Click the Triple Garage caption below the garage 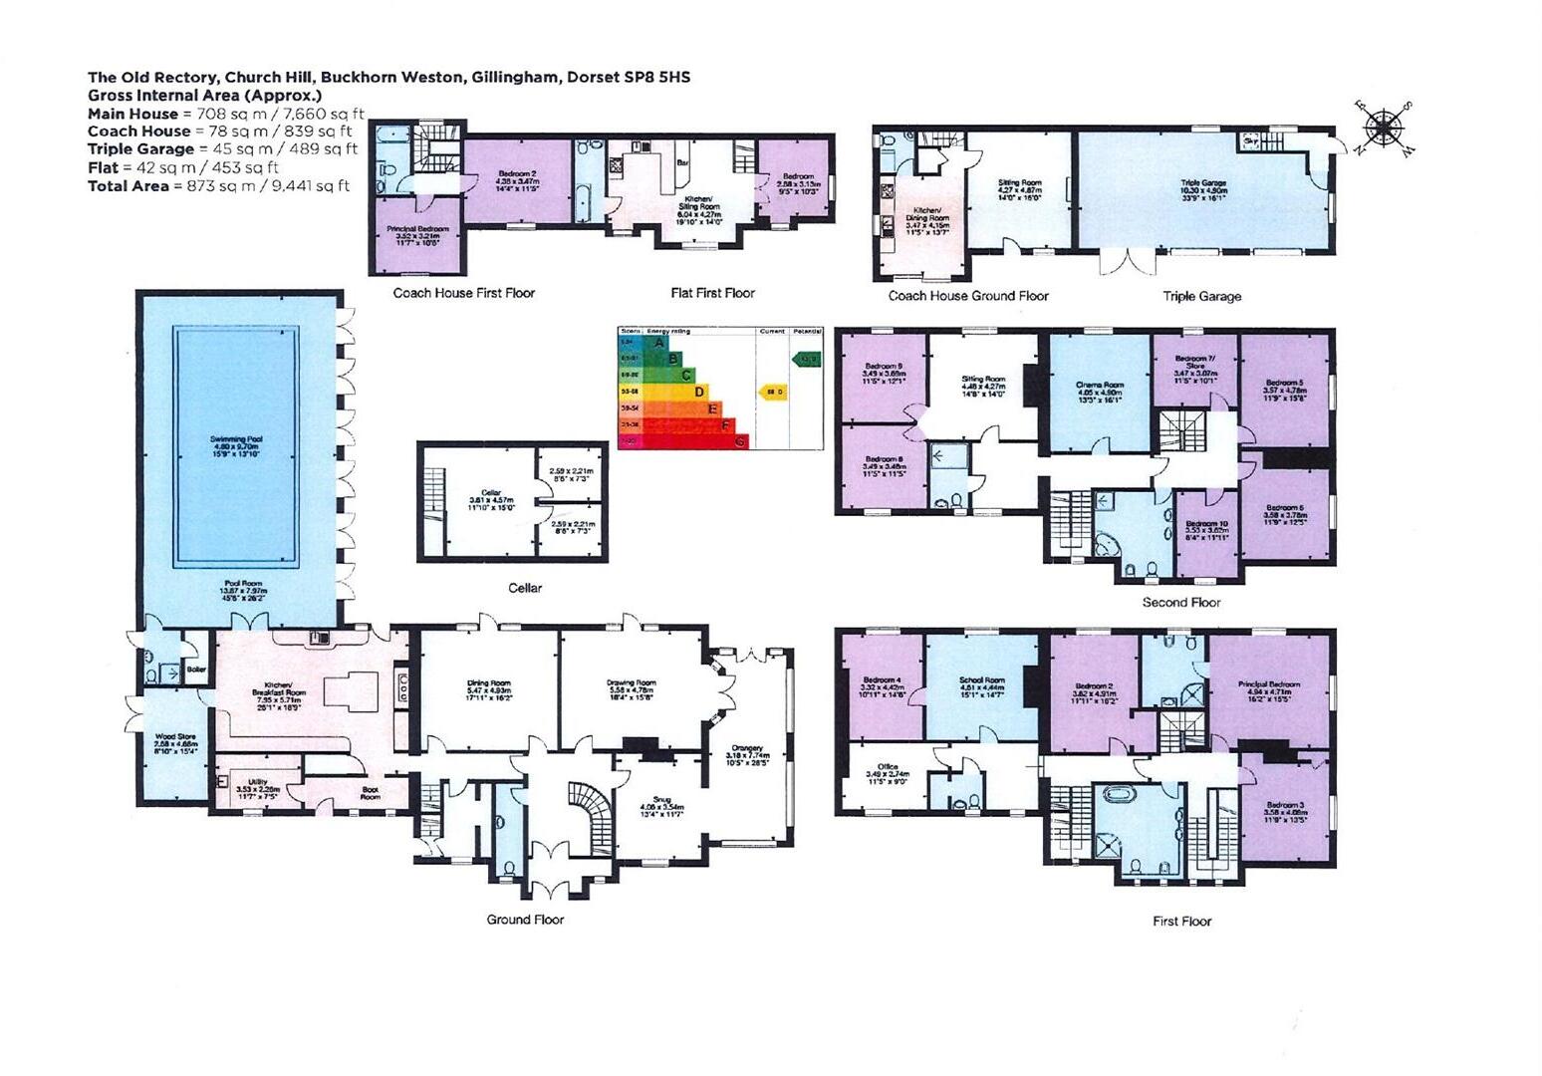point(1202,296)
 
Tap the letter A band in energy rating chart point(656,342)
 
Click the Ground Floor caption point(525,919)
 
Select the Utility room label point(257,782)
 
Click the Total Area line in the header point(219,185)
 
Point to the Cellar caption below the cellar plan point(525,588)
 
